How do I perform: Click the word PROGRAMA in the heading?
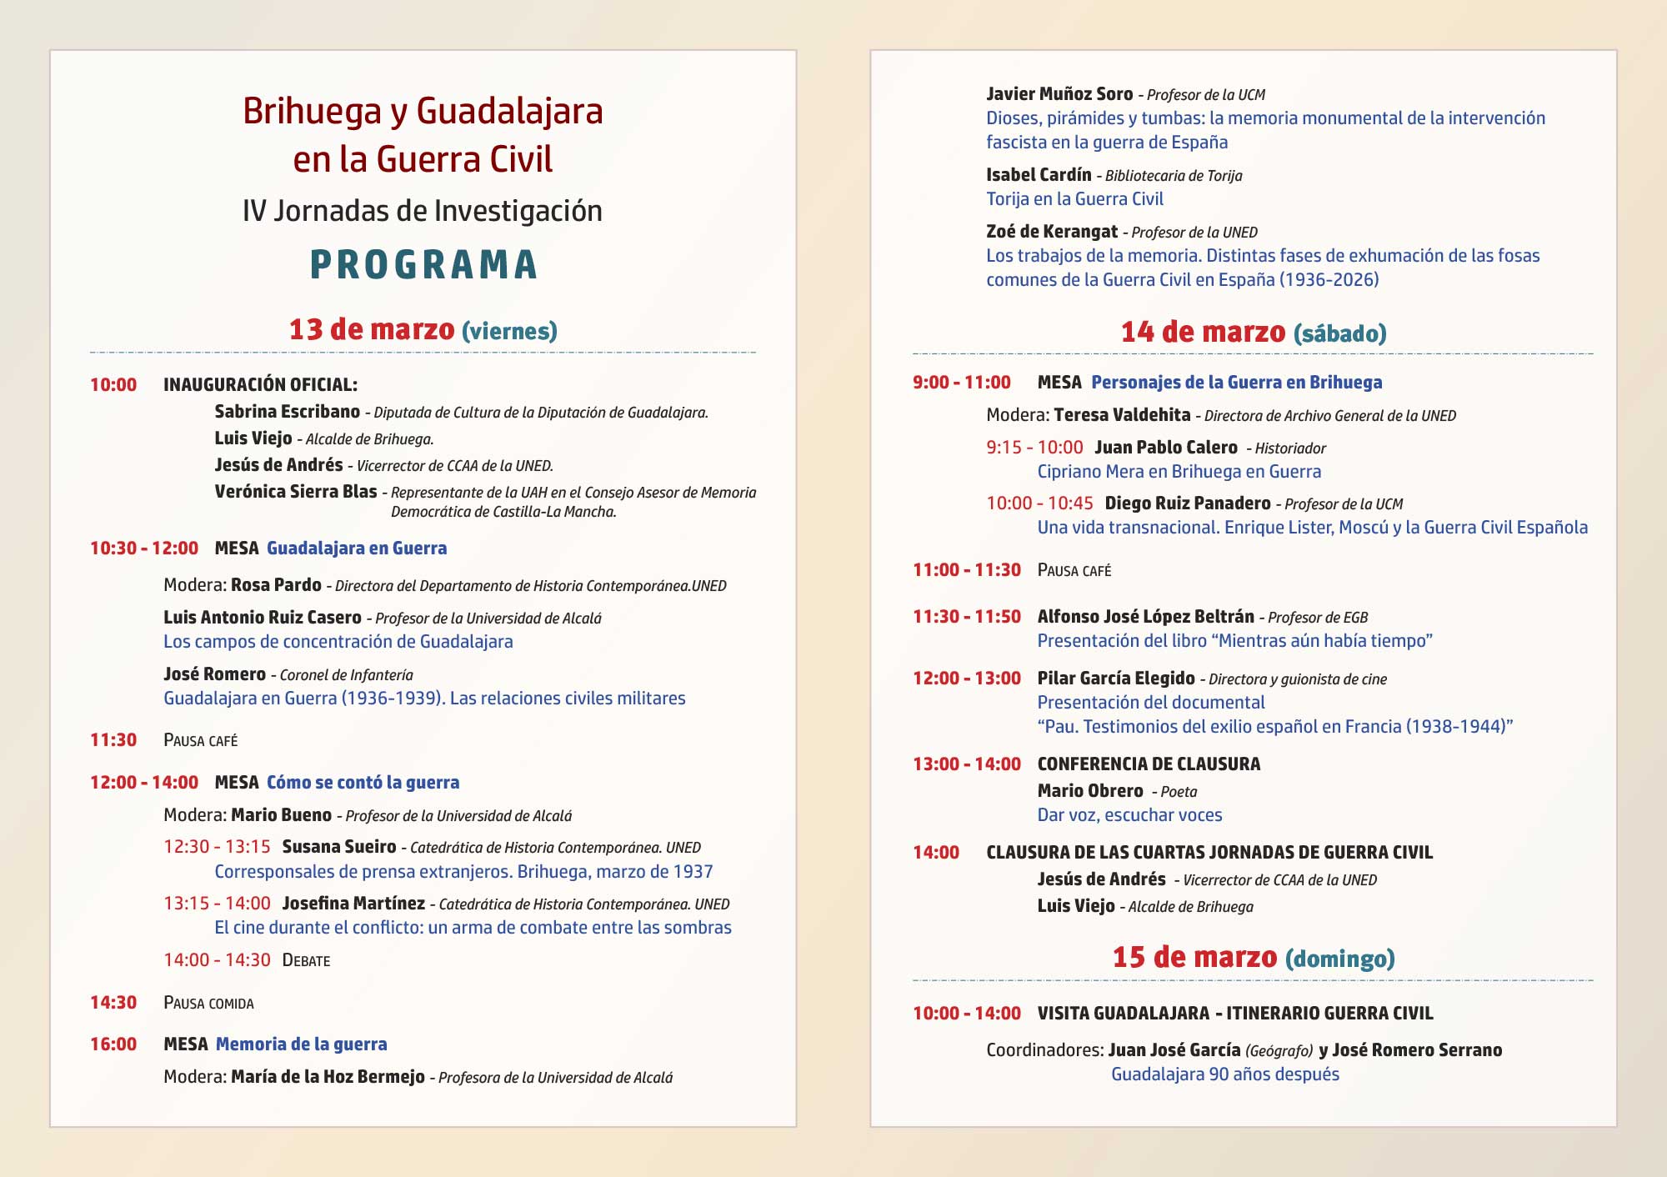point(423,265)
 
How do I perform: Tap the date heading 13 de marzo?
point(372,329)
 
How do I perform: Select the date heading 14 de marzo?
point(1203,332)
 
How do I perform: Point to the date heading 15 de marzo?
point(1194,957)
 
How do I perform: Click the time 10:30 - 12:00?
point(144,548)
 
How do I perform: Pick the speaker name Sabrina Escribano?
point(287,412)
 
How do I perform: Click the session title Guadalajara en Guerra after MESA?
point(357,548)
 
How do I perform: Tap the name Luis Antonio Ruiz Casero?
point(263,618)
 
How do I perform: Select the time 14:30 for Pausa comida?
point(113,1003)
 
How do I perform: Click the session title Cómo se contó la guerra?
point(363,783)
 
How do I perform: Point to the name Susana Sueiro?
point(339,847)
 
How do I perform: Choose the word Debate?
point(306,960)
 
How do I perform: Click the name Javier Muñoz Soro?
point(1059,94)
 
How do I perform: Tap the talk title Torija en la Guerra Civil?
point(1074,199)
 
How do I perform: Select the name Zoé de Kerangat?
point(1052,232)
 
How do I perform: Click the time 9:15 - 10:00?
point(1034,448)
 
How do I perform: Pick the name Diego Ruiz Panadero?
point(1187,503)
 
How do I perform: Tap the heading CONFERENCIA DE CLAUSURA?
point(1149,764)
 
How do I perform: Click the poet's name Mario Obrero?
point(1090,791)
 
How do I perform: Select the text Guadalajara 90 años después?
point(1224,1074)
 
